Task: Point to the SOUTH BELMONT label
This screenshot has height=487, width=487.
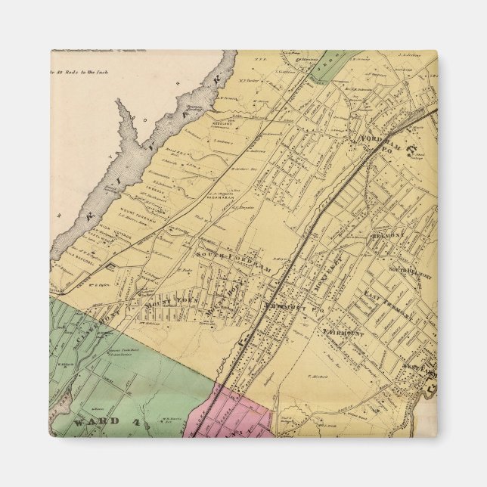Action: (408, 268)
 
